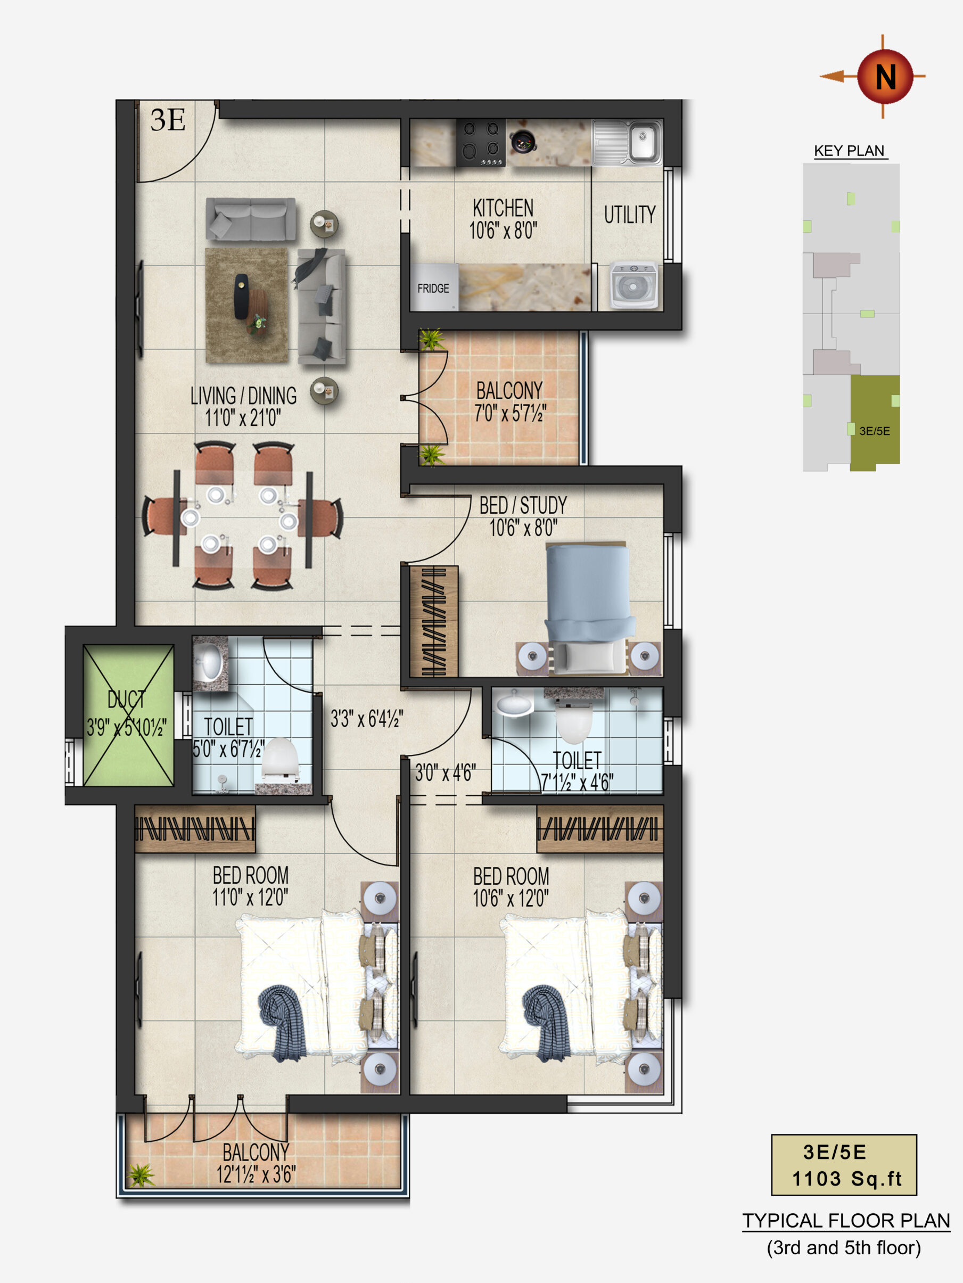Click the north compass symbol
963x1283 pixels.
(x=885, y=76)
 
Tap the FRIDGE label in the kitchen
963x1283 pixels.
(x=433, y=288)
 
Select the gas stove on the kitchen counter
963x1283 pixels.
(x=480, y=143)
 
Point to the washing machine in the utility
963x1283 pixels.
(x=633, y=285)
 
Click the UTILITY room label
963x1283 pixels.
(x=629, y=215)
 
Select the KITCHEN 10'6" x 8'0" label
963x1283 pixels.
(x=503, y=219)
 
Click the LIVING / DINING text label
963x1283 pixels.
(x=244, y=396)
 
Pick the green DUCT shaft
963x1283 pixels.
(x=128, y=715)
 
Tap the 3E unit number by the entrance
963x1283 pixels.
(x=168, y=120)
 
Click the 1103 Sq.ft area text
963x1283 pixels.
(x=846, y=1179)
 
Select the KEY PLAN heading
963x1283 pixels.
(x=849, y=151)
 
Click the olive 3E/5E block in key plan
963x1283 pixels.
(x=875, y=423)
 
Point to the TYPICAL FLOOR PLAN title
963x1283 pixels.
(x=846, y=1221)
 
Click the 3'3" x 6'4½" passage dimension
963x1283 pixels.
(x=367, y=719)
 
